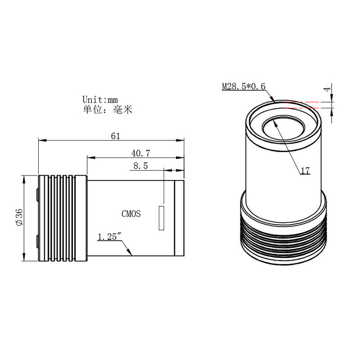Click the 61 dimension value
(116, 136)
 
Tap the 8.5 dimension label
(140, 166)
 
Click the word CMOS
(131, 214)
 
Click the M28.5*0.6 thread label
(243, 86)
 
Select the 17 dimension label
(305, 171)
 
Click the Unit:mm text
(100, 99)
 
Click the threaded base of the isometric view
(283, 241)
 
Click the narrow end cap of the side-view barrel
(180, 218)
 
